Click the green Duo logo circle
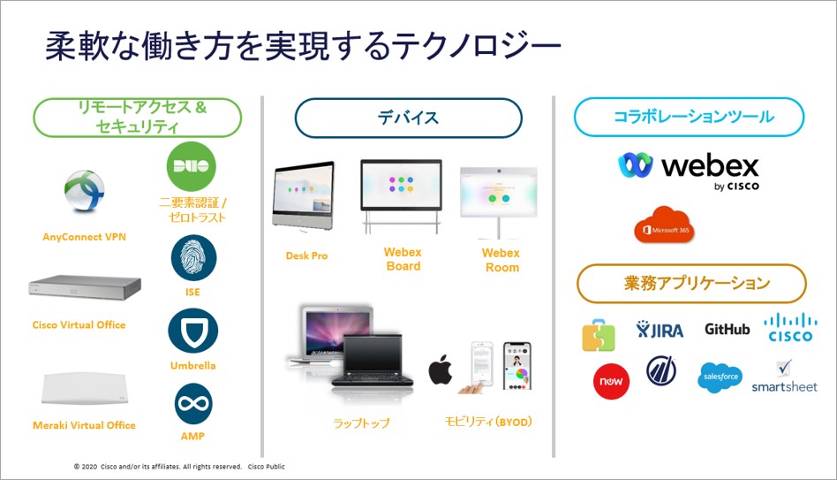click(x=191, y=166)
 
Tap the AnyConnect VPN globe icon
click(x=84, y=193)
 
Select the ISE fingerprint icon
click(x=192, y=258)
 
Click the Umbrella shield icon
click(x=192, y=331)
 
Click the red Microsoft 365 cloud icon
click(x=664, y=225)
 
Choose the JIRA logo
click(x=660, y=330)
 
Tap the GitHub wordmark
click(x=727, y=329)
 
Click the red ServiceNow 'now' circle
click(x=610, y=381)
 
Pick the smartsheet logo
click(x=784, y=377)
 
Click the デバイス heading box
click(x=408, y=118)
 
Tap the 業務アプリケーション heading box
click(x=690, y=284)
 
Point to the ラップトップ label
click(x=361, y=423)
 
